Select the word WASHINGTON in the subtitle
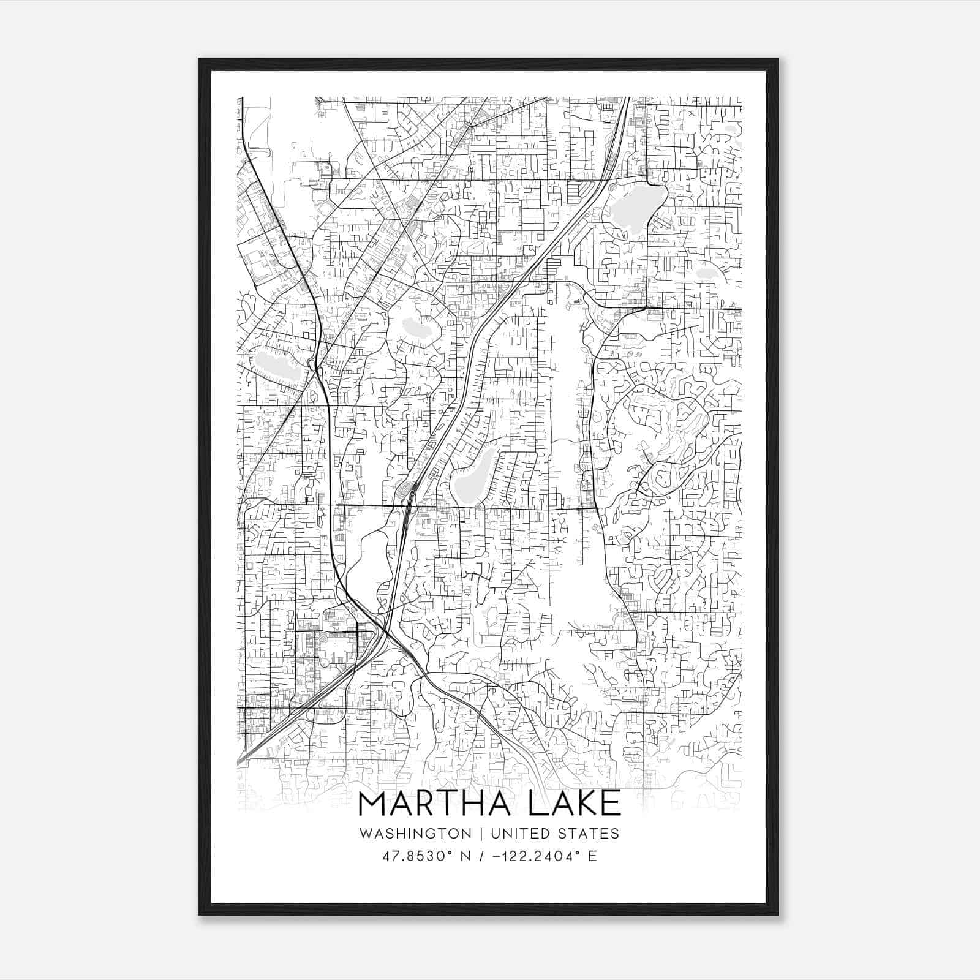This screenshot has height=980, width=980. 415,834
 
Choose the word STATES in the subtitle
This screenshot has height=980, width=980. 589,834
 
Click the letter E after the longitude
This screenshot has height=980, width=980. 592,856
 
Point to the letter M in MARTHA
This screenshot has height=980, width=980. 373,804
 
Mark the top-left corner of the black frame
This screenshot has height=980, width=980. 200,59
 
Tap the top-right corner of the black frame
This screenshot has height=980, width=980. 778,59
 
